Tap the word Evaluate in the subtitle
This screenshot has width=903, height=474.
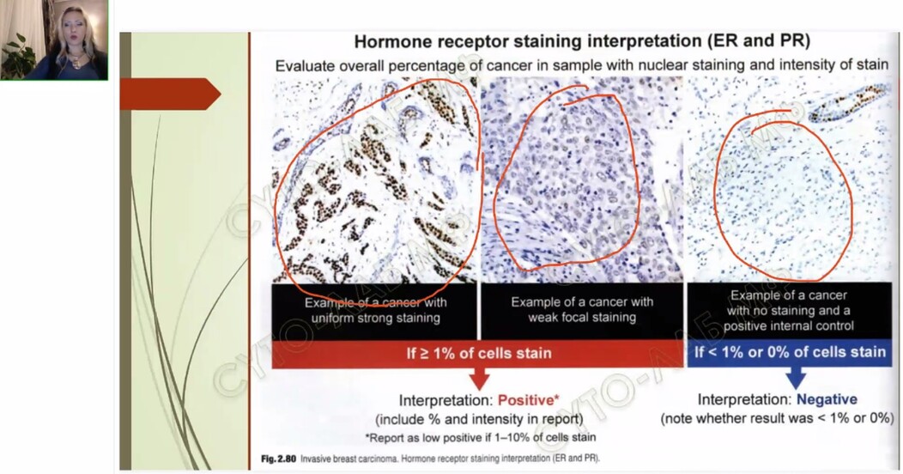305,65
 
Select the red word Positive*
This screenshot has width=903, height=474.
528,400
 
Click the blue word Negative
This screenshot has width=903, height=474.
827,399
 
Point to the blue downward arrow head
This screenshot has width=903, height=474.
796,379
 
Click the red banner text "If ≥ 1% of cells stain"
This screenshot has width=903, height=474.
479,353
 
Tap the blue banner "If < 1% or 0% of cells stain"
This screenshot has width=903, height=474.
790,352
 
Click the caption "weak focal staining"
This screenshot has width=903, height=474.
582,318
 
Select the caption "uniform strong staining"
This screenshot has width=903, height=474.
375,318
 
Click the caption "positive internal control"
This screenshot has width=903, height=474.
788,326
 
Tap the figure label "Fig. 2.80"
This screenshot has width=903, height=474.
278,459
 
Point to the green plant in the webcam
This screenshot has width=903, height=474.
17,56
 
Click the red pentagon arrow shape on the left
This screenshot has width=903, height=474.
170,94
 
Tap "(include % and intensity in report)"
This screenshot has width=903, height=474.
479,419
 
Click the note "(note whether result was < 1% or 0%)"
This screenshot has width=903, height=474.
777,418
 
